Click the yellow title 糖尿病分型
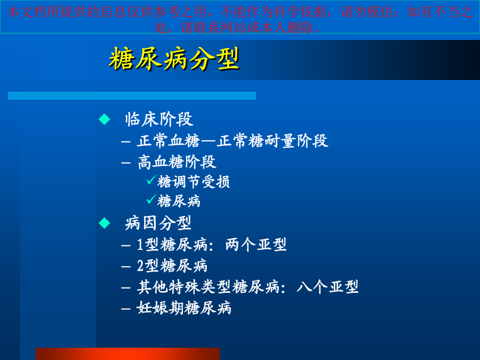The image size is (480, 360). coord(174,59)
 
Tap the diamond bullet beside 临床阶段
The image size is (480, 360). coord(105,119)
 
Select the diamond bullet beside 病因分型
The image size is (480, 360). coord(105,223)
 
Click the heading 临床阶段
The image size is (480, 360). coord(159,119)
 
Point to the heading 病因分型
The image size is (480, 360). coord(158,223)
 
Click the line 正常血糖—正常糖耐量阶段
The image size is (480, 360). coord(233,141)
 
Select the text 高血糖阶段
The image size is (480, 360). coord(177,162)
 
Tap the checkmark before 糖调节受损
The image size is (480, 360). coord(151,180)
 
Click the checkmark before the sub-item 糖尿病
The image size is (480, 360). coord(151,199)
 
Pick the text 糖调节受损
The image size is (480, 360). coord(194,182)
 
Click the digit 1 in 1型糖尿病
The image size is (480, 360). coord(140,245)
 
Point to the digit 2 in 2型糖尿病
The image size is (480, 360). coord(140,266)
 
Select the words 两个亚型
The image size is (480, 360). coord(256,245)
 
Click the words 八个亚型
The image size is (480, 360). coord(327,287)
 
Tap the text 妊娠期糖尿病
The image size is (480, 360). coord(184,308)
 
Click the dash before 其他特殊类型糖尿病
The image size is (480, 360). coord(126,288)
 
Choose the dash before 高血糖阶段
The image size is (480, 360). coord(126,163)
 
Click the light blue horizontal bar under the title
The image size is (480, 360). coord(132,95)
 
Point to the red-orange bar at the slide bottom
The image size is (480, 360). coord(127,354)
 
